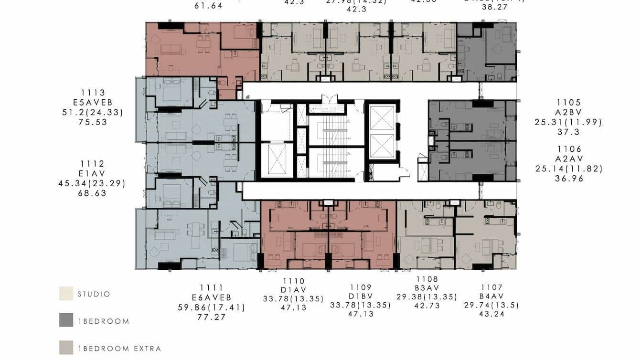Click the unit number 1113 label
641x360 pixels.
pos(93,93)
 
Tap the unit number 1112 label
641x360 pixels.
pos(93,164)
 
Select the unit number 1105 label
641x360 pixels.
pos(568,103)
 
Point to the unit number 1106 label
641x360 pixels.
pos(569,149)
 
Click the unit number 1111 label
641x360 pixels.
pos(212,287)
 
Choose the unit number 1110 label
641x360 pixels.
pos(293,281)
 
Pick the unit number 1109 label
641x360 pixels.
pos(360,287)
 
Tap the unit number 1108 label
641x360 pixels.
pos(427,279)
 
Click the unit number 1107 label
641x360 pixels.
pos(491,287)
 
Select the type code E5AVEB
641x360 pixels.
pos(93,103)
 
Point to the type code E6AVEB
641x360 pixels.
pos(212,297)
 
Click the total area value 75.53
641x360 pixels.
pos(93,122)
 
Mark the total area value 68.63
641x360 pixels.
pos(93,193)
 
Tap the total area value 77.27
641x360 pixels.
pos(212,317)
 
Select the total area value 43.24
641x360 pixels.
pos(491,314)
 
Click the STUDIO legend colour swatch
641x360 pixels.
pos(66,294)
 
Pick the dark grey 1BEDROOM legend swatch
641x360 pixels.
pos(66,320)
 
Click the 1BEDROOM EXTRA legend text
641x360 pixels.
pos(119,349)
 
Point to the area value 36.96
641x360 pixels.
pos(569,179)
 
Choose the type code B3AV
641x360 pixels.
pos(427,288)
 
